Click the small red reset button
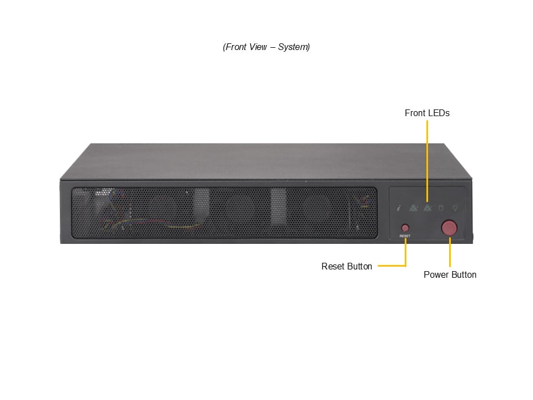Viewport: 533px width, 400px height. pos(405,228)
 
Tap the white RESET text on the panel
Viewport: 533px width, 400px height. pos(405,236)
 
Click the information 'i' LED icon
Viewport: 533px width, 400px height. pos(399,207)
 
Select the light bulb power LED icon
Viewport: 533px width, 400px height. pos(455,207)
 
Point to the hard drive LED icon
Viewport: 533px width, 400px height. pos(441,207)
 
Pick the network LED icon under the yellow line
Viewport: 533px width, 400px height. pos(428,207)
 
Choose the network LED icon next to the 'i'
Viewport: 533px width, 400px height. pos(413,207)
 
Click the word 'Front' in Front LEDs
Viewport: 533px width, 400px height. pos(414,113)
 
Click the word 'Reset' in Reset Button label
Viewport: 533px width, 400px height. pos(332,266)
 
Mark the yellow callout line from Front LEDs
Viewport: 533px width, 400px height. pos(428,161)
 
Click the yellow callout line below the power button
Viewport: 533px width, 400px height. pos(450,252)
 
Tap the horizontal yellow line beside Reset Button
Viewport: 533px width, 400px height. pos(391,266)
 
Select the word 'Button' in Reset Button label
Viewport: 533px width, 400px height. pos(359,266)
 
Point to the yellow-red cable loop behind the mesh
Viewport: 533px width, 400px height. pos(184,224)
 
